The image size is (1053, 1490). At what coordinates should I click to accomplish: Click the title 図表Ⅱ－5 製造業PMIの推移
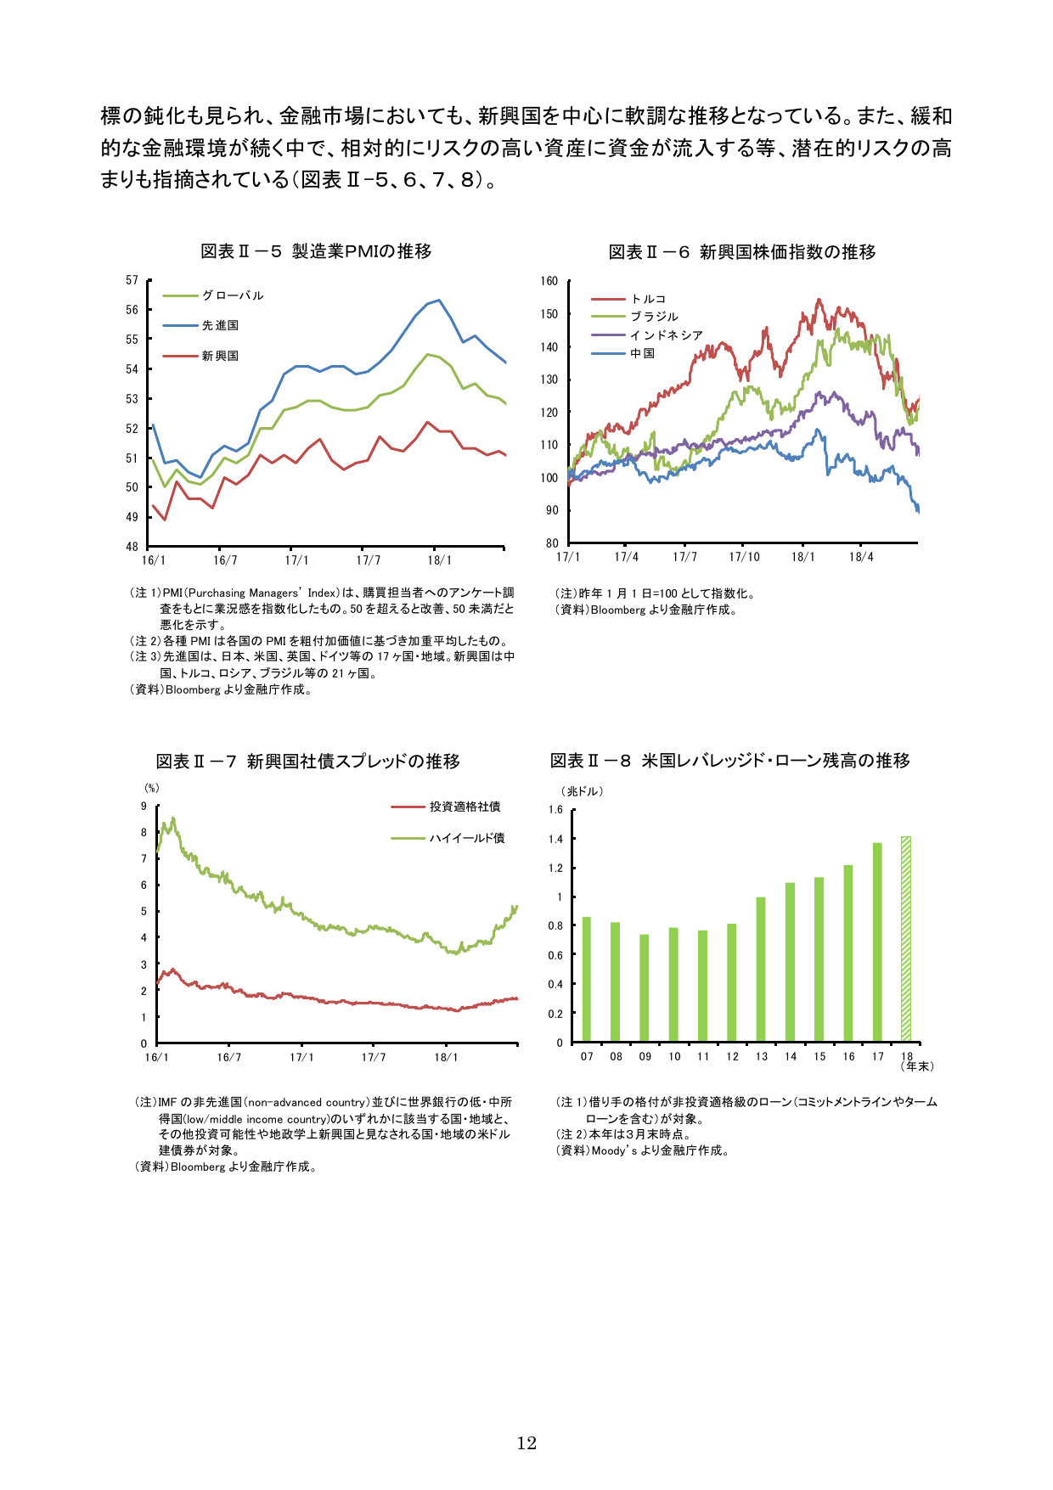coord(316,251)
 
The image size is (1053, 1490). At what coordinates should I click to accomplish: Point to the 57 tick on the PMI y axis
coord(132,280)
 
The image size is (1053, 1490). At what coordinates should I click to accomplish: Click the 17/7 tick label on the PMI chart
coord(369,560)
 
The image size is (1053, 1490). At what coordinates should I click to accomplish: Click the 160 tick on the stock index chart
coord(549,281)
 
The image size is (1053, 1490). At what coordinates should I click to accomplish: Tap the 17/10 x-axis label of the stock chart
coord(744,557)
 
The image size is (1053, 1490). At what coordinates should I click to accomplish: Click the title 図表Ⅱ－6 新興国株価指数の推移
coord(742,252)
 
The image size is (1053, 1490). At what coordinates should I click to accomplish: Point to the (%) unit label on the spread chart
coord(152,788)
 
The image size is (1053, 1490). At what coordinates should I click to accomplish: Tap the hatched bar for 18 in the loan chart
coord(906,938)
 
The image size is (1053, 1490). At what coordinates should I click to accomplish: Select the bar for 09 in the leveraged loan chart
coord(645,987)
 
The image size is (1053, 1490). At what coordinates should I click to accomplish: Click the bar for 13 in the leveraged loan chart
coord(761,969)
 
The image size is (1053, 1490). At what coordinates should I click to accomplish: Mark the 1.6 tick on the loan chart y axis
coord(555,810)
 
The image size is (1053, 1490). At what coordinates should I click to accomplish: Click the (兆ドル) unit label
coord(583,791)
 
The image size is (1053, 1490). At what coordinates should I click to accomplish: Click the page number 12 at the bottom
coord(526,1443)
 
